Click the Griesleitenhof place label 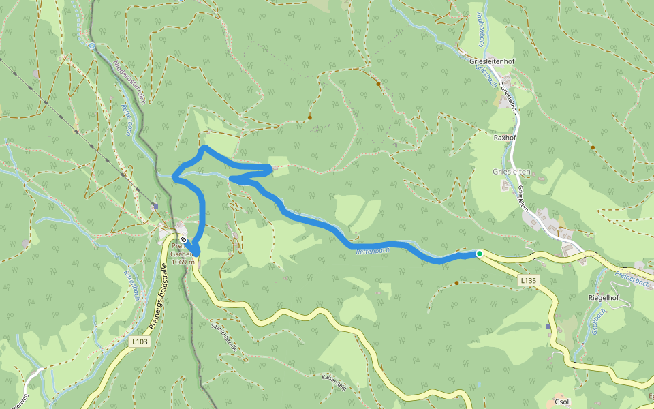click(x=492, y=61)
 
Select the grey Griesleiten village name click(x=512, y=172)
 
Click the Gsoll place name click(x=563, y=402)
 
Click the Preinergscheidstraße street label click(x=155, y=301)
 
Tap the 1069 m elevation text click(x=183, y=262)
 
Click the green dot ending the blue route click(x=479, y=254)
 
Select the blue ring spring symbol click(x=92, y=46)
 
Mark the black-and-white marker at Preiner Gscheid click(x=183, y=239)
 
